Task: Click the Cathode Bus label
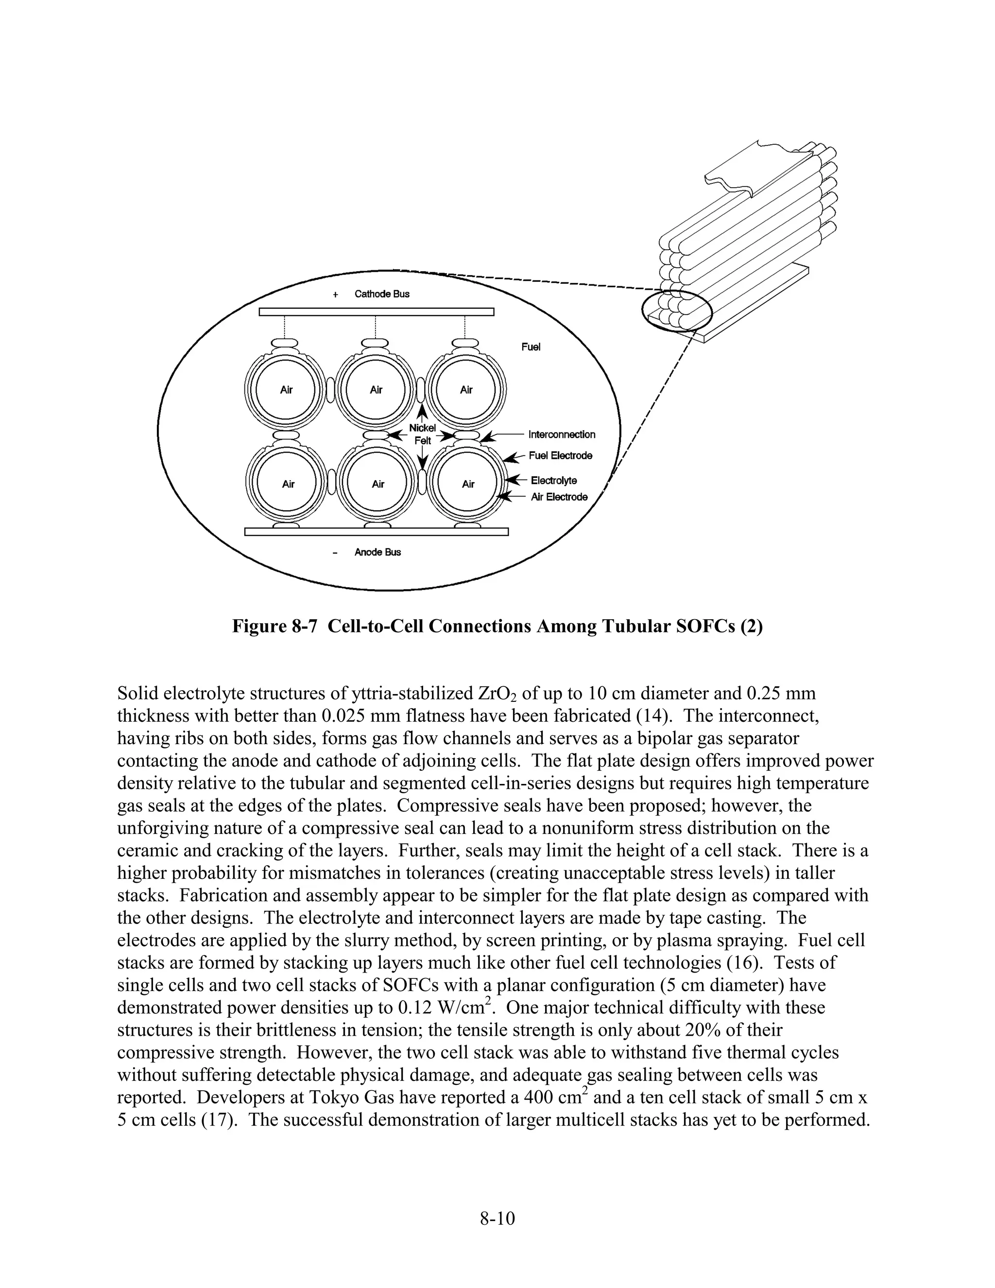381,294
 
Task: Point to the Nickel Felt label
422,434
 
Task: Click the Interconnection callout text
562,435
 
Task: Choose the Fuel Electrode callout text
560,456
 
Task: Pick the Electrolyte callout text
553,481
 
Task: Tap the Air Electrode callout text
559,497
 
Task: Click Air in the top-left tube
287,390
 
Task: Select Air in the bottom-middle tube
378,484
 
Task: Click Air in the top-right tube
466,390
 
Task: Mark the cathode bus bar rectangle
376,312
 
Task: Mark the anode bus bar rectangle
376,532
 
